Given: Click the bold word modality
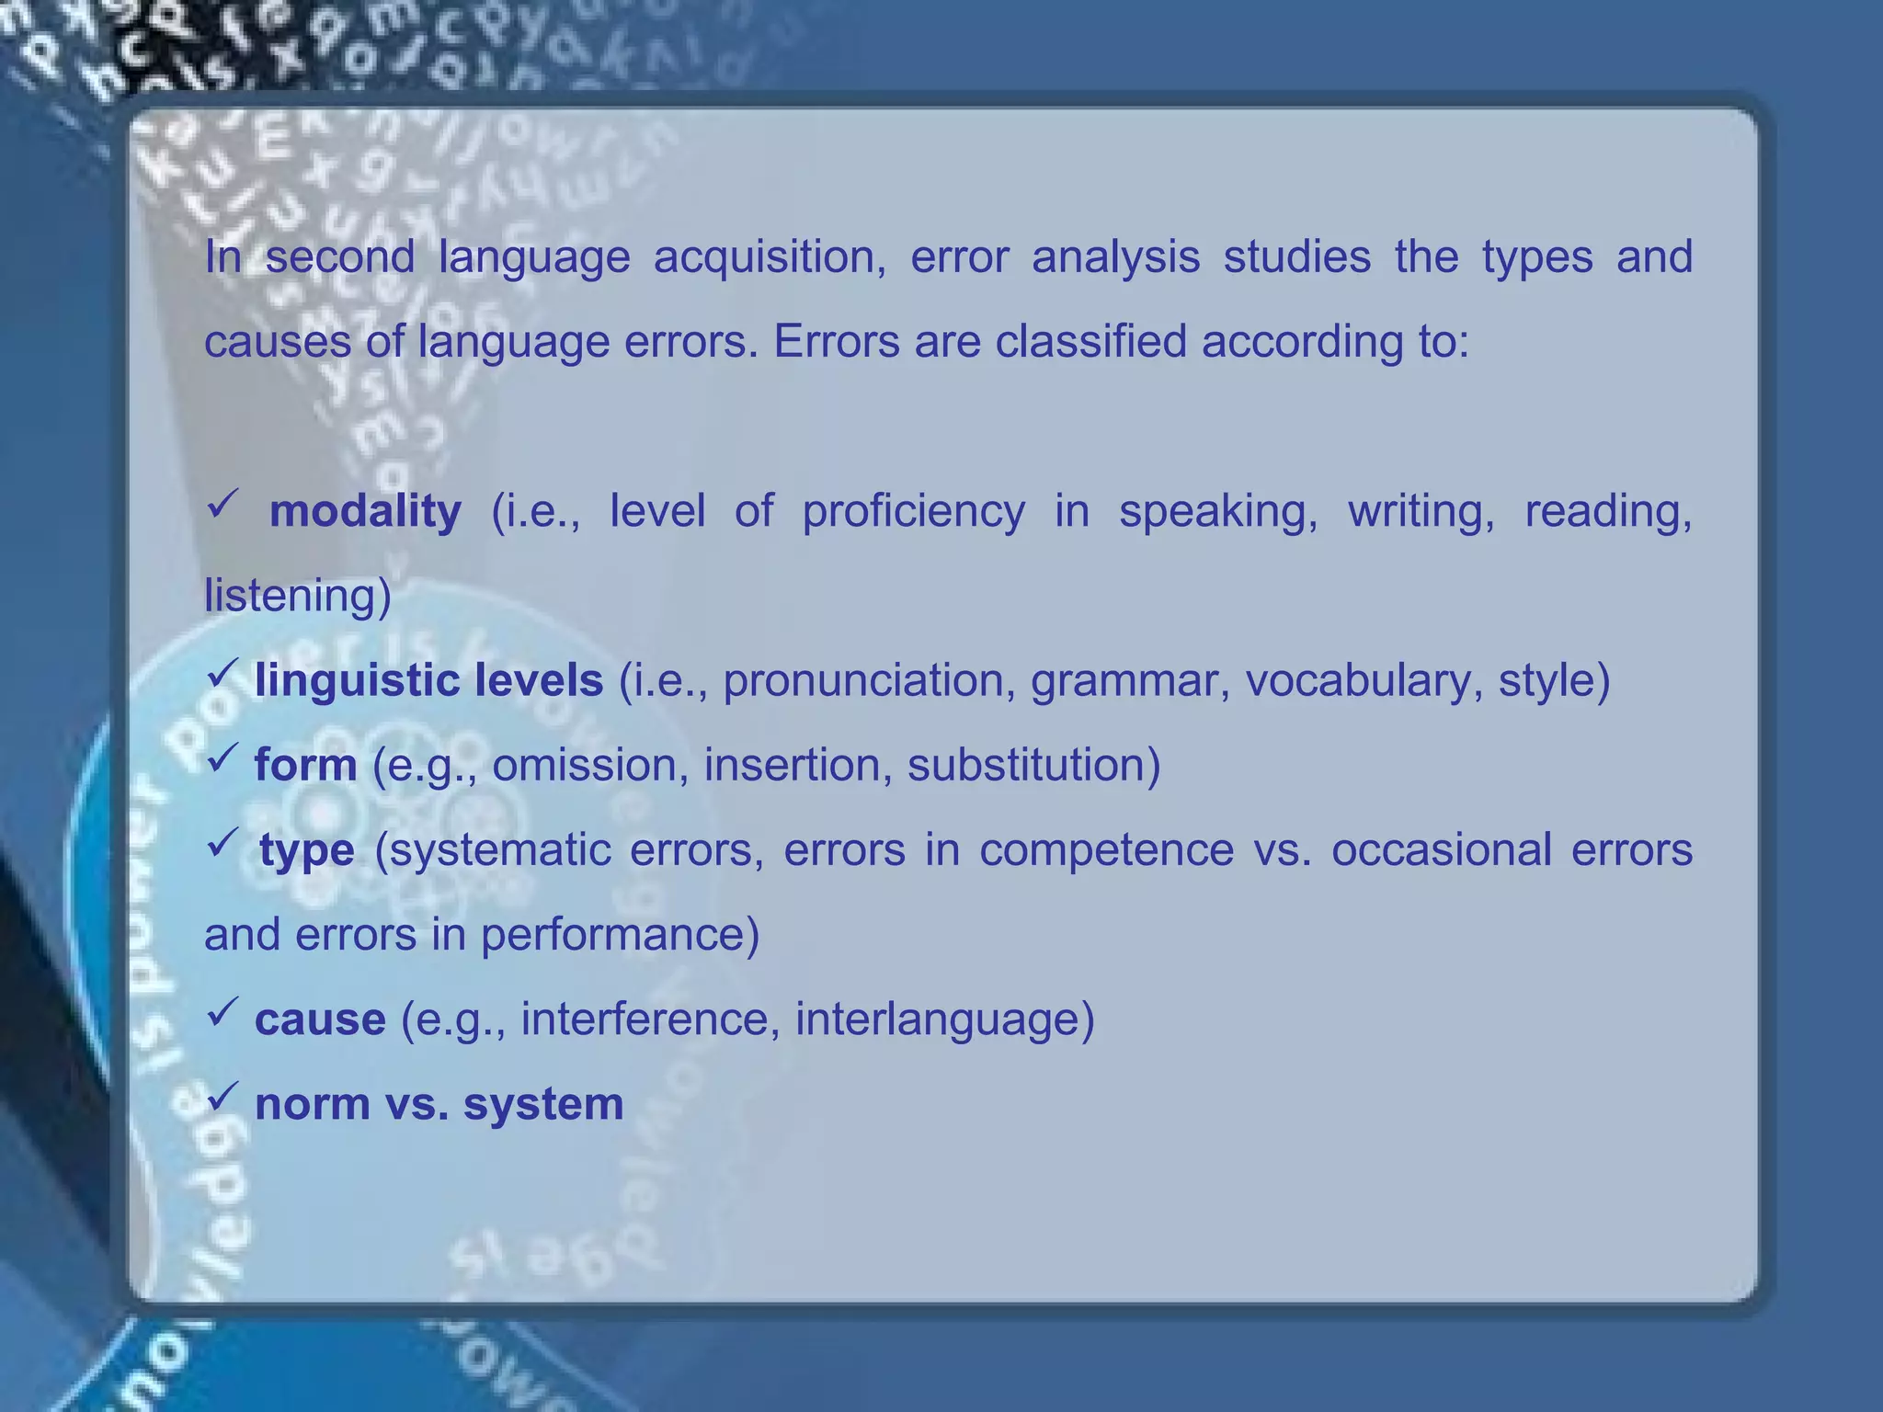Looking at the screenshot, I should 365,511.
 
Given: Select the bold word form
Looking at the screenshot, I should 305,765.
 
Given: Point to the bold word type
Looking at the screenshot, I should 306,850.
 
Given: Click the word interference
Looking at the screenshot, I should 650,1019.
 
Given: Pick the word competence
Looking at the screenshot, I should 1106,850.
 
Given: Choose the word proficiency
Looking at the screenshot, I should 913,511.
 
